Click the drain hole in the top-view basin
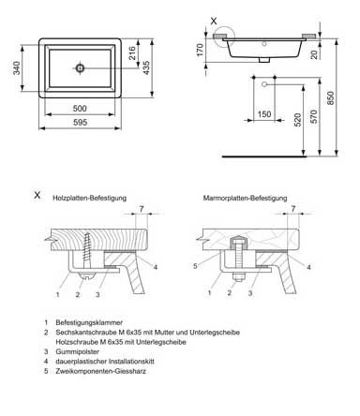[80, 68]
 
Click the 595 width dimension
[80, 122]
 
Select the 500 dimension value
[80, 109]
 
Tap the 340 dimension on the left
[17, 68]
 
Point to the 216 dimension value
[132, 53]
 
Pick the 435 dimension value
[146, 68]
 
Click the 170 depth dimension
[200, 50]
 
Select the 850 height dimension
[330, 98]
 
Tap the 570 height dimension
[314, 116]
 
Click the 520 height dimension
[298, 120]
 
